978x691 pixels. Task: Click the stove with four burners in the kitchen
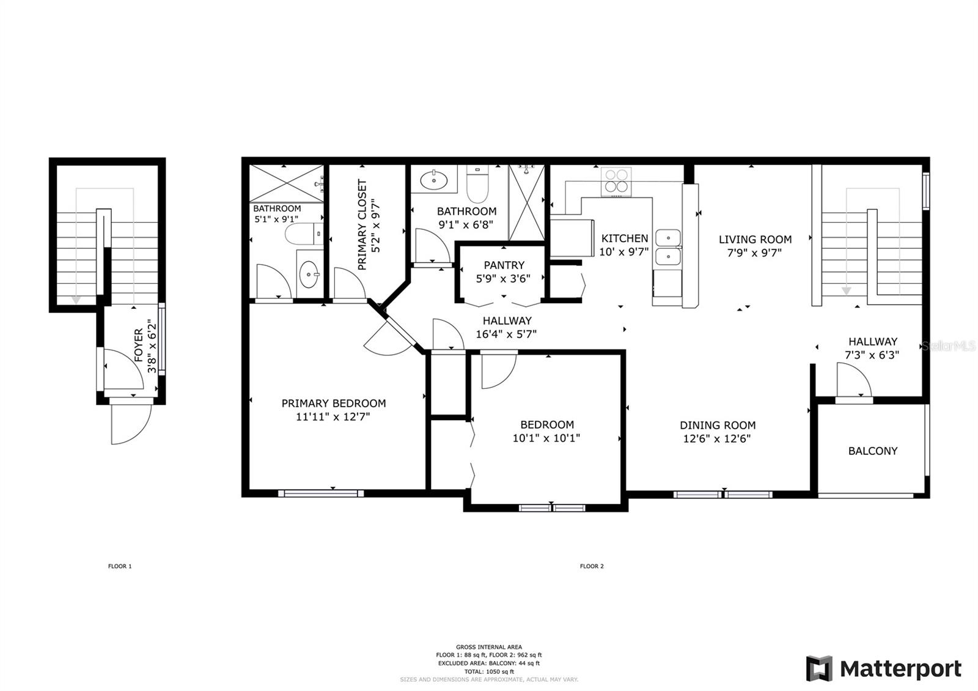click(616, 182)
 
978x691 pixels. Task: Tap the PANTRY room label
click(504, 265)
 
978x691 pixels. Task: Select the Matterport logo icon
click(819, 668)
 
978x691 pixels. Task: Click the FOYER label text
click(138, 345)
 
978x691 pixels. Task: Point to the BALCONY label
click(873, 451)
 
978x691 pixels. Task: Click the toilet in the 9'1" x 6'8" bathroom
click(477, 184)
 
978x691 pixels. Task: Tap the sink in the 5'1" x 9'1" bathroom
click(309, 275)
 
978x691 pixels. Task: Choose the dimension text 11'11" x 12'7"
click(333, 416)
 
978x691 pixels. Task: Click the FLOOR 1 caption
click(120, 566)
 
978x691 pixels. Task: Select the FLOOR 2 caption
click(592, 566)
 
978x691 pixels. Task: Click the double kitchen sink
click(668, 248)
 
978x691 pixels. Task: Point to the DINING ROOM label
click(718, 425)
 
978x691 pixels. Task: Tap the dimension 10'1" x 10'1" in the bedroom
click(546, 438)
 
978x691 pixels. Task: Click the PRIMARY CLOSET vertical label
click(362, 224)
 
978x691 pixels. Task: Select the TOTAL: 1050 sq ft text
click(489, 671)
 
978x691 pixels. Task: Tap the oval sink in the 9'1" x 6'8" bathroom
click(434, 180)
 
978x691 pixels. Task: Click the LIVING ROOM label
click(755, 239)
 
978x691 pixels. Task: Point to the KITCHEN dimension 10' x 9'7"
click(624, 252)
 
